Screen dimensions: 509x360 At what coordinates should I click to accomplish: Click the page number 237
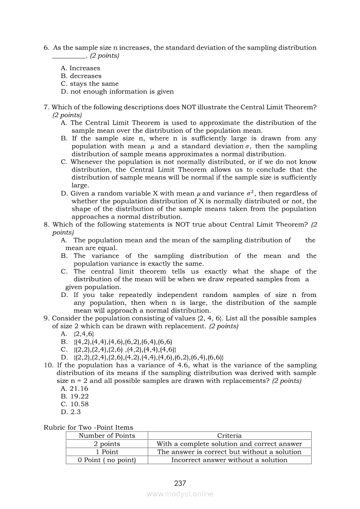(x=180, y=483)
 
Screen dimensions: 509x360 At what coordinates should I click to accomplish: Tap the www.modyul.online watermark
(x=180, y=494)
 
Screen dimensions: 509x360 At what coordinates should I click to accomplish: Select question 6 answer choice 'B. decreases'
(x=81, y=76)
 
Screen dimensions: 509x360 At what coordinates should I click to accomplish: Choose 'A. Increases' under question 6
(x=81, y=68)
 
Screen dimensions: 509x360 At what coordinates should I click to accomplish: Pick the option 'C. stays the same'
(x=90, y=84)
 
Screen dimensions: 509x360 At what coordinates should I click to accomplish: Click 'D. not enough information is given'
(x=117, y=91)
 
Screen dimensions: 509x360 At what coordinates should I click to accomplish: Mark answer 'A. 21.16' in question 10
(x=75, y=388)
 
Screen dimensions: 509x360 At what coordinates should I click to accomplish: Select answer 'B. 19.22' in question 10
(x=75, y=396)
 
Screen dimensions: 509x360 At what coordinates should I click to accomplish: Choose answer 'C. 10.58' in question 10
(x=75, y=404)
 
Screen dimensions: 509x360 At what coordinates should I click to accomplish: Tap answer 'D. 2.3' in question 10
(x=71, y=412)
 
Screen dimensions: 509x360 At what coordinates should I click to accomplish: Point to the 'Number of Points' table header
(x=107, y=435)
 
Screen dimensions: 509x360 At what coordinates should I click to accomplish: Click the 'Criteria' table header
(x=229, y=435)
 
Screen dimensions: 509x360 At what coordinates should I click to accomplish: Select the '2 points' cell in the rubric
(x=107, y=444)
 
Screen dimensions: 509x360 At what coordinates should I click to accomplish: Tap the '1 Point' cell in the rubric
(x=107, y=452)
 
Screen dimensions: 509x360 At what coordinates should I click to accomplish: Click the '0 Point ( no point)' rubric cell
(x=107, y=460)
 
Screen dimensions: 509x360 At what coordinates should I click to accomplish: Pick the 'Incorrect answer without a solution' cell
(x=229, y=460)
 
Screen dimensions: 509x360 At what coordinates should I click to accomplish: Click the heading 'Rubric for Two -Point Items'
(x=88, y=428)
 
